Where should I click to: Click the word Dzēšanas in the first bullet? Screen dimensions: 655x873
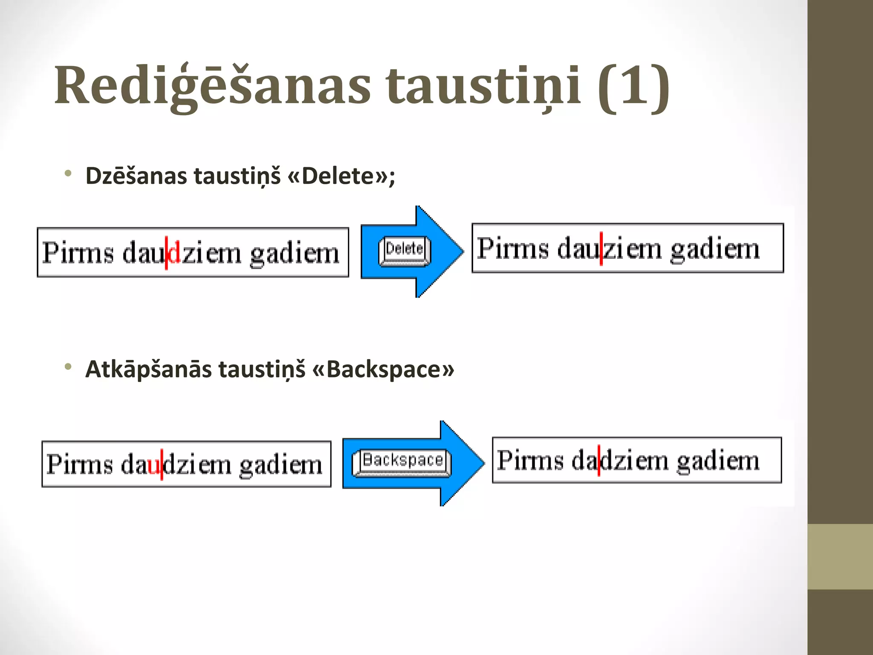pos(136,176)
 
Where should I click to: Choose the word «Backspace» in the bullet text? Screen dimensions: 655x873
pos(383,369)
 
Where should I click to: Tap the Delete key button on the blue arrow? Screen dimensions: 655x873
pos(405,251)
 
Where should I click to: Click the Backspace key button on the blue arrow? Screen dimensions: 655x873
pos(402,462)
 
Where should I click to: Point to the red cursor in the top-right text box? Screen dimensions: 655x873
pos(601,249)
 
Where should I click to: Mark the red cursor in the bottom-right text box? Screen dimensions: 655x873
pos(599,461)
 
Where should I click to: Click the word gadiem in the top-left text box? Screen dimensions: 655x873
pos(295,254)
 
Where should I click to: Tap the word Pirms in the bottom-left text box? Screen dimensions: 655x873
pos(79,464)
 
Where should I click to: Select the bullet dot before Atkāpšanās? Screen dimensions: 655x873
pos(68,367)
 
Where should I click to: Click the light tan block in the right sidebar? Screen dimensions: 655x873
pos(840,556)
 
